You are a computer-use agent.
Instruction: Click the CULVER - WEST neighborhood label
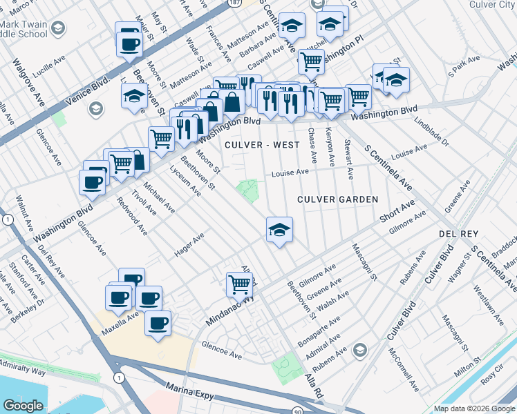[262, 145]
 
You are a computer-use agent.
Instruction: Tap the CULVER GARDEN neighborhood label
[337, 199]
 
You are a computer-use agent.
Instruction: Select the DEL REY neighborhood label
[458, 235]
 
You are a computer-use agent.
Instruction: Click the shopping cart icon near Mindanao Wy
[239, 284]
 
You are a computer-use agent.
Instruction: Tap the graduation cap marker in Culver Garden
[279, 230]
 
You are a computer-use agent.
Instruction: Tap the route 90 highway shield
[297, 410]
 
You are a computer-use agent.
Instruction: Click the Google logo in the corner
[23, 406]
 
